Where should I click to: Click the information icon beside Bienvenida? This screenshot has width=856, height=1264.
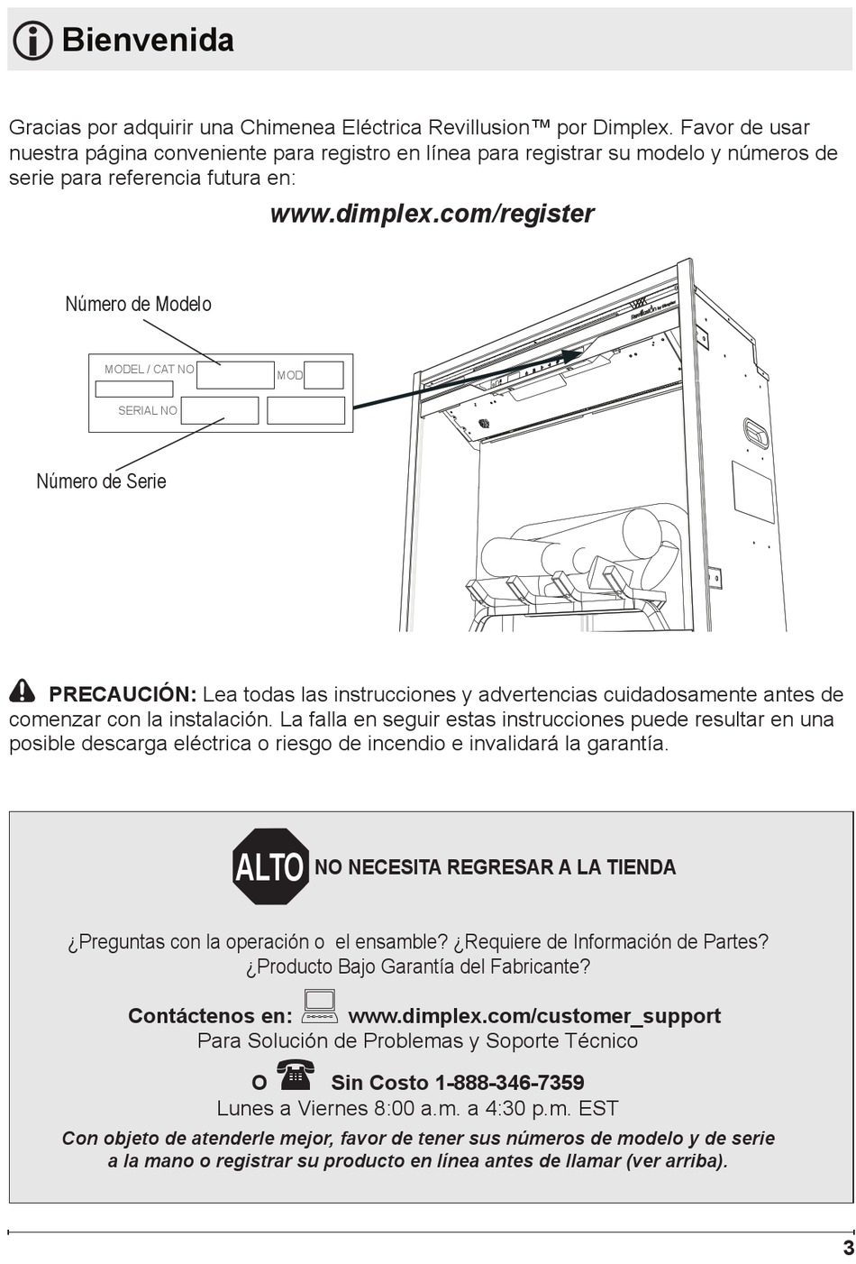(x=32, y=40)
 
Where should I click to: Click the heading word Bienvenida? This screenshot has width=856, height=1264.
(x=148, y=40)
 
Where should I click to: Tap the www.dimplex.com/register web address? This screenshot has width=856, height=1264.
(x=432, y=214)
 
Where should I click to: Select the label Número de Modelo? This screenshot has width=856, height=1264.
(x=138, y=304)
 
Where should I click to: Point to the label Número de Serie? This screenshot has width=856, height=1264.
(x=102, y=481)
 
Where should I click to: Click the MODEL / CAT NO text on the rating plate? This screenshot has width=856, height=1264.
(x=150, y=369)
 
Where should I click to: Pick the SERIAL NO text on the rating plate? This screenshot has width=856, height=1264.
(x=148, y=411)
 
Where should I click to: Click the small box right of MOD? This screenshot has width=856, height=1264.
(x=323, y=375)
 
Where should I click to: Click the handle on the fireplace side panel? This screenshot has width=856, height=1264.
(x=755, y=435)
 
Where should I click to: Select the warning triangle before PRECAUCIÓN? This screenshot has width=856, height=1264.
(x=22, y=692)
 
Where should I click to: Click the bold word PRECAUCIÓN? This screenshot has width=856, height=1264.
(x=123, y=694)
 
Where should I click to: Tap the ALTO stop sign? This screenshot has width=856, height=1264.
(x=270, y=866)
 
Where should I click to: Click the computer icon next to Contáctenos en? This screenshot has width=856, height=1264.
(x=320, y=1007)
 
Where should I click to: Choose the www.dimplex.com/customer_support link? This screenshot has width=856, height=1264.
(x=534, y=1016)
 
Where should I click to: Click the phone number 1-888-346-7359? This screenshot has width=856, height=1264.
(x=510, y=1083)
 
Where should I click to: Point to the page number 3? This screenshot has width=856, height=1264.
(x=848, y=1248)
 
